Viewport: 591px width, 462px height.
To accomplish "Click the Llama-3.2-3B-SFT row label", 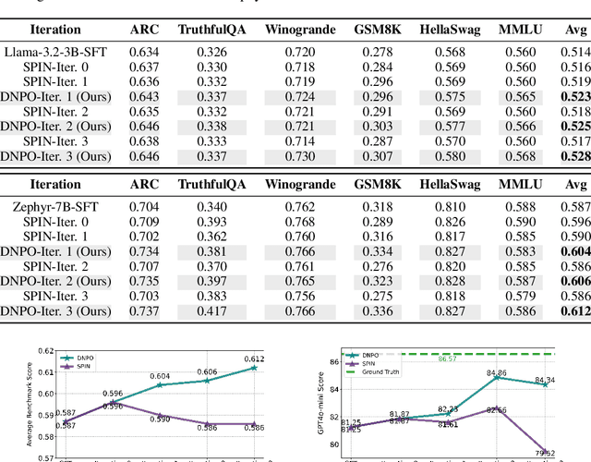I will point(54,51).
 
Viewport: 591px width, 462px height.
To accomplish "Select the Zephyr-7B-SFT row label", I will point(54,208).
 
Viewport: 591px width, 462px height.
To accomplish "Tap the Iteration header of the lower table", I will point(54,185).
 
